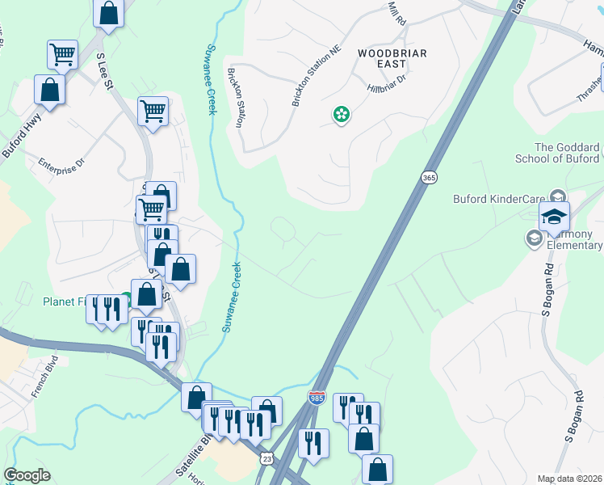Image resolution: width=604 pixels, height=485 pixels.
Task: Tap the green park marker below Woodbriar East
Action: tap(342, 116)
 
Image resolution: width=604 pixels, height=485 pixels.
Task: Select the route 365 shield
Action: tap(429, 178)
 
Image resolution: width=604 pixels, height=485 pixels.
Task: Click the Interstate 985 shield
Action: tap(317, 398)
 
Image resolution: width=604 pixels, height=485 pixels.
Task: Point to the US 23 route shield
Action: tap(266, 458)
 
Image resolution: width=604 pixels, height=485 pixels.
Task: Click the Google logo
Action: tap(27, 475)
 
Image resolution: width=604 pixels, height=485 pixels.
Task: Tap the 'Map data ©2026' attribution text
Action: tap(570, 479)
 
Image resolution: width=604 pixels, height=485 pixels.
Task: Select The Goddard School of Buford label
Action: tap(568, 153)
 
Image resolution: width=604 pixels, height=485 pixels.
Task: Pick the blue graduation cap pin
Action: tap(554, 217)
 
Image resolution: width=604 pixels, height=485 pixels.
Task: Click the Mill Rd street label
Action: tap(396, 13)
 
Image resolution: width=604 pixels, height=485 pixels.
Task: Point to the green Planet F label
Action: tap(65, 302)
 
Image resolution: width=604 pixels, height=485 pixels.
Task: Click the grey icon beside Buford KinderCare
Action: tap(557, 196)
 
